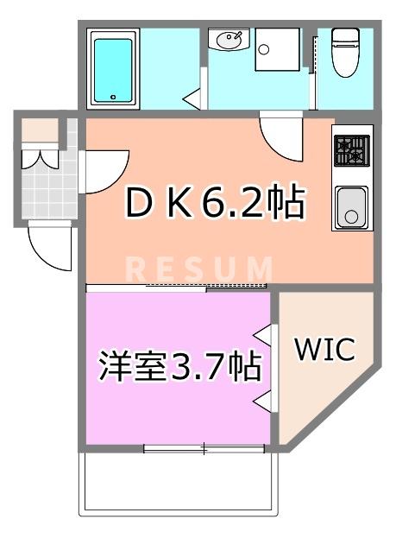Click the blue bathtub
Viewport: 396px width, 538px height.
click(x=113, y=68)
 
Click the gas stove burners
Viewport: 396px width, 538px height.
click(x=351, y=151)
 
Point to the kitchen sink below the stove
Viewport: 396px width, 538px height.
click(x=352, y=207)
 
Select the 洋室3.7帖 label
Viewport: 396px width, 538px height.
click(x=179, y=367)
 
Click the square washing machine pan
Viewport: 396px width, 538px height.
click(x=277, y=51)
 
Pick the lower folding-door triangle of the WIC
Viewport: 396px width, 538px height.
click(x=266, y=398)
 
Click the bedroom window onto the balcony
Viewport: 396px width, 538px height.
click(x=204, y=448)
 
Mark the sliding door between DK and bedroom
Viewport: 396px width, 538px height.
click(x=177, y=287)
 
